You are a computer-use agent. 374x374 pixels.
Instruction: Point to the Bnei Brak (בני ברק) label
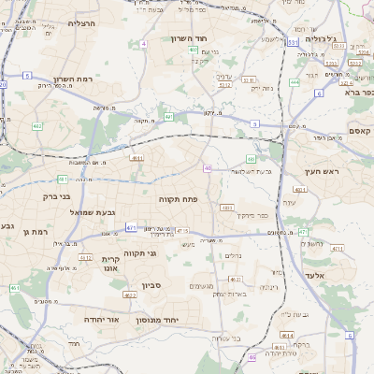coord(57,196)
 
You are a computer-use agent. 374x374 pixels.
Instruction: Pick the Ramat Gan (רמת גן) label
coord(35,231)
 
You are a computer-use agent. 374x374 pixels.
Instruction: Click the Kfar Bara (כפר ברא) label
coord(359,93)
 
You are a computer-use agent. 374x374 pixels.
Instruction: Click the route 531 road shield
coord(294,42)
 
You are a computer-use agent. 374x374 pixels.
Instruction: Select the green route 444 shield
coord(295,82)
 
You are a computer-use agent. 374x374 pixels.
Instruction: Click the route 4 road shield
coord(144,44)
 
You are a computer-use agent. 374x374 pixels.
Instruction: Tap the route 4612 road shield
coord(236,280)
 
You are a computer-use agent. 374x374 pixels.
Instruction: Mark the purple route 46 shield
coord(207,168)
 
